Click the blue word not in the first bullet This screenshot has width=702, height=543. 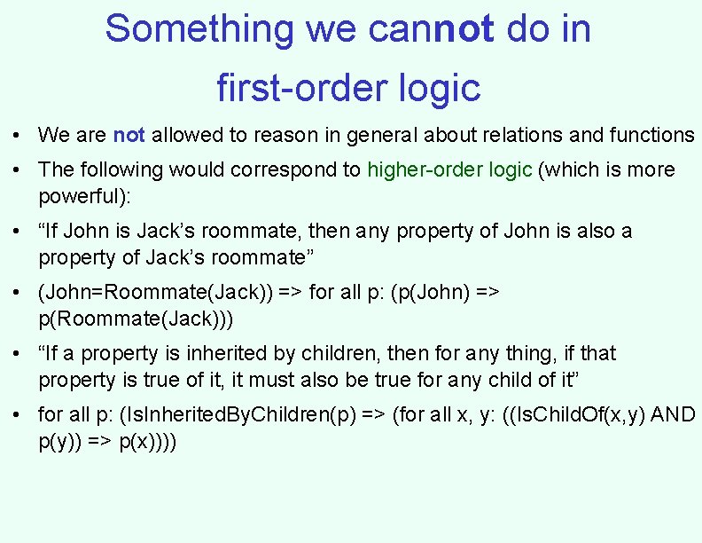click(129, 135)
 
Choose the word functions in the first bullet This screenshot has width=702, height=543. click(651, 135)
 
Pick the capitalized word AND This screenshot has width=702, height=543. click(673, 414)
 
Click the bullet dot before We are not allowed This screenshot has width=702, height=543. click(18, 136)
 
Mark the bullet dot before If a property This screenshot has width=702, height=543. click(18, 354)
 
